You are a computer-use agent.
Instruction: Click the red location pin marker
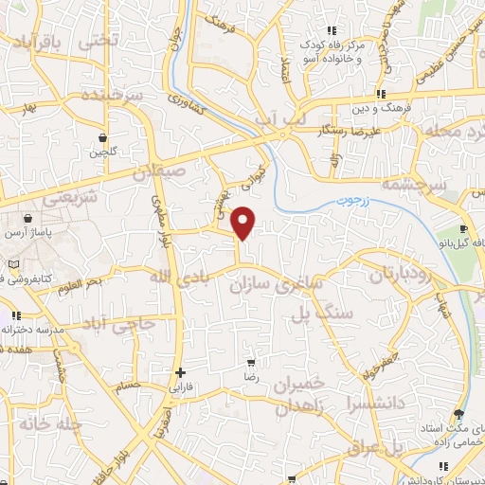244,222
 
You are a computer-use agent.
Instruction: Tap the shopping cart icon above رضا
251,363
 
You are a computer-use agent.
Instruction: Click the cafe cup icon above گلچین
102,136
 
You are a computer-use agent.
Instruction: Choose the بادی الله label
176,277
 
